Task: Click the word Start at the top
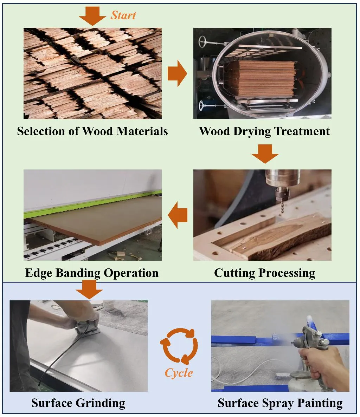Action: (x=123, y=15)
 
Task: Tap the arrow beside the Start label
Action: (x=92, y=16)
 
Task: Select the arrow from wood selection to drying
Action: (x=177, y=73)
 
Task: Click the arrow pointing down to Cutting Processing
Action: (x=265, y=154)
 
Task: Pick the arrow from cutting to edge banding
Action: (x=178, y=215)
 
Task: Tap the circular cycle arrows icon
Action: (x=179, y=346)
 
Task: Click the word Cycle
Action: (x=179, y=372)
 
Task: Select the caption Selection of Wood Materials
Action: (x=92, y=131)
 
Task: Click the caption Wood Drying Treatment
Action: (x=264, y=131)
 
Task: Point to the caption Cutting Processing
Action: (x=264, y=273)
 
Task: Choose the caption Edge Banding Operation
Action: (x=92, y=273)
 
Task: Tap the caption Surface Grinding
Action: (x=78, y=403)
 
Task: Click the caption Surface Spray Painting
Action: (x=280, y=403)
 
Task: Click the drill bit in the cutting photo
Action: (x=281, y=206)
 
